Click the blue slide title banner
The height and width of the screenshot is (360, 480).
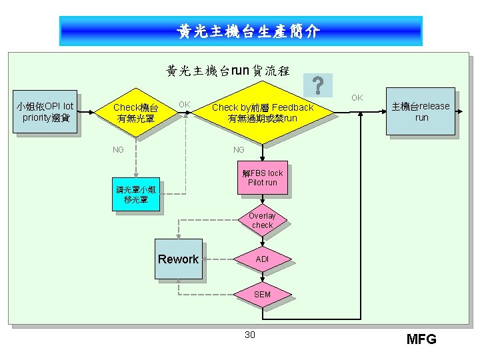(x=241, y=31)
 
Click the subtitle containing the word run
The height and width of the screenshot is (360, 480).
(x=227, y=70)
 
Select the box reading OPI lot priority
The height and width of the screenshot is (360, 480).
(x=45, y=112)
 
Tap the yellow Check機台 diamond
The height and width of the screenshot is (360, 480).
(x=136, y=113)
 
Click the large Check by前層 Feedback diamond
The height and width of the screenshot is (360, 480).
(x=262, y=113)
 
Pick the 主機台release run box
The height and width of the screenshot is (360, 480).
(x=421, y=111)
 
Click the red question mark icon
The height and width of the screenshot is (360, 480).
(x=318, y=85)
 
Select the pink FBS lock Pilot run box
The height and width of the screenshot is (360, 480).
(x=263, y=178)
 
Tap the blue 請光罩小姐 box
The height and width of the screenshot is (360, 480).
(x=136, y=195)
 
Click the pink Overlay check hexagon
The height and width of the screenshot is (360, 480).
(x=262, y=221)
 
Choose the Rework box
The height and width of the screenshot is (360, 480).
(x=178, y=259)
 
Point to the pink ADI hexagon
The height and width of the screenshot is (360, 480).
(x=262, y=259)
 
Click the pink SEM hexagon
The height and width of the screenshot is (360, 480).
(x=262, y=294)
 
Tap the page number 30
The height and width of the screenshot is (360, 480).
(x=249, y=334)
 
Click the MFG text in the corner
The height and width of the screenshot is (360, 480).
(x=421, y=339)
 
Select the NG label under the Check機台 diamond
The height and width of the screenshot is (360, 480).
(x=118, y=149)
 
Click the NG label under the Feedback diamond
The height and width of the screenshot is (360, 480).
(x=239, y=149)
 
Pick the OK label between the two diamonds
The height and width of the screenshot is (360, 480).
(x=185, y=104)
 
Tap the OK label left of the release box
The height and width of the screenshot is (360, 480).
(x=357, y=98)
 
